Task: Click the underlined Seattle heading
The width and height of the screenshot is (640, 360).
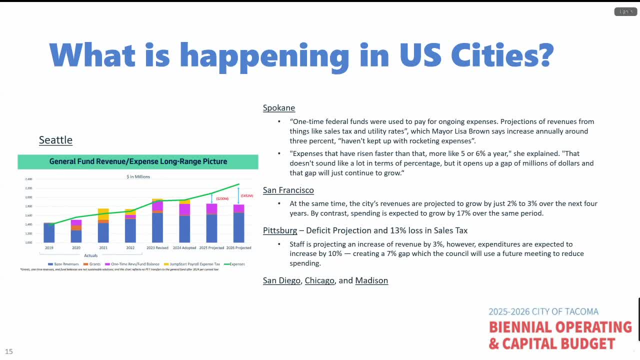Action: click(x=55, y=140)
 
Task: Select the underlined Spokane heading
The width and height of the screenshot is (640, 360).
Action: click(x=279, y=108)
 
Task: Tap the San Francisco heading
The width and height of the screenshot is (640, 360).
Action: click(x=288, y=190)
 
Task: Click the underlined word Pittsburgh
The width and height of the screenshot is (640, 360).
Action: click(x=280, y=230)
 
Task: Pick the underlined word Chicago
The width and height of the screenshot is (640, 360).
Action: click(x=319, y=280)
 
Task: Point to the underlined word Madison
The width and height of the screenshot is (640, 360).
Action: click(x=371, y=280)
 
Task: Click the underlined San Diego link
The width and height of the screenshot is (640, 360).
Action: click(x=282, y=280)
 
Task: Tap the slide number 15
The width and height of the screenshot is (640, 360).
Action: click(x=9, y=351)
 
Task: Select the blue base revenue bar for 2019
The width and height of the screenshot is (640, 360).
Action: click(x=49, y=233)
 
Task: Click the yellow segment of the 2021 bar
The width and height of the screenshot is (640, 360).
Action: click(x=103, y=213)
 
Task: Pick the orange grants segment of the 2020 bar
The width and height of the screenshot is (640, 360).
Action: click(x=76, y=227)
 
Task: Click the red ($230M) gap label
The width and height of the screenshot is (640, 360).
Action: click(x=222, y=199)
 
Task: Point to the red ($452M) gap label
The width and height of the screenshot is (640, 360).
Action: click(x=246, y=196)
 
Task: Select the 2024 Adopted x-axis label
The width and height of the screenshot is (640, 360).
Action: click(x=184, y=248)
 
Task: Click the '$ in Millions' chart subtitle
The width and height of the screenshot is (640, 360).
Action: click(x=138, y=176)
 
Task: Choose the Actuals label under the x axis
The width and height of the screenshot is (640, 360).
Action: click(x=90, y=255)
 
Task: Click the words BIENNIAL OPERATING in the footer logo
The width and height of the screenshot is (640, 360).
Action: click(x=560, y=327)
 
